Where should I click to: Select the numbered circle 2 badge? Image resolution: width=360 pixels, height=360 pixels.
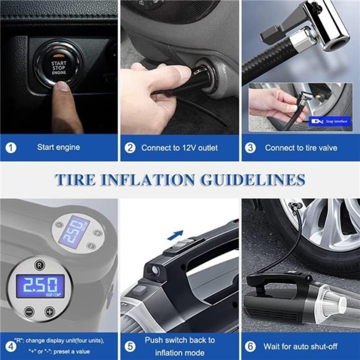point(130,148)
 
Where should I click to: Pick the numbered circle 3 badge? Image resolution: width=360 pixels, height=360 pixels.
point(251,148)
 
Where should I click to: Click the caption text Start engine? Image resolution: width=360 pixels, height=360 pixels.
point(58,148)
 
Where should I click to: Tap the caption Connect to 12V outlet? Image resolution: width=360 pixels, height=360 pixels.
point(180,148)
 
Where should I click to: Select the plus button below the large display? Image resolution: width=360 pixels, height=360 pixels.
point(49,311)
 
